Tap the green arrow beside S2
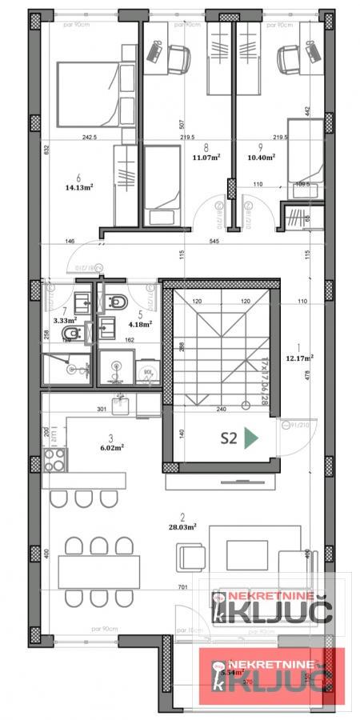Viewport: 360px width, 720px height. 251,437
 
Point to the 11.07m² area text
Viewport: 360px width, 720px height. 207,158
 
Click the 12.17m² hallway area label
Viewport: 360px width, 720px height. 300,358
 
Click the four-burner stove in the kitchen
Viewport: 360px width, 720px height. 54,460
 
